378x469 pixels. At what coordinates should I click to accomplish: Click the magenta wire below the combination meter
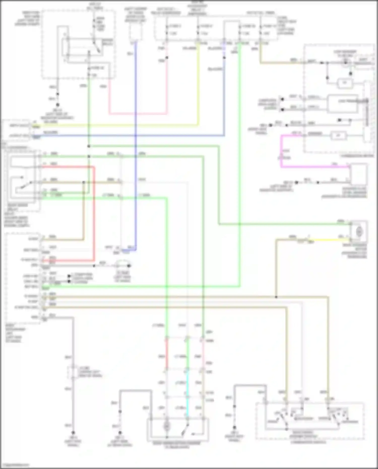tap(315, 167)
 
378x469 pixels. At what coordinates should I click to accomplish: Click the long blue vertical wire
tap(136, 151)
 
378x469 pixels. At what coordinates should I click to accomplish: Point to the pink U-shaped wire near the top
tap(137, 114)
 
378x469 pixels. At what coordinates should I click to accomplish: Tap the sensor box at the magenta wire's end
tap(359, 174)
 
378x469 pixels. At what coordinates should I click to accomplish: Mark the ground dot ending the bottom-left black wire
tap(73, 432)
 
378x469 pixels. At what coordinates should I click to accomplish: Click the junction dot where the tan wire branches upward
tap(276, 297)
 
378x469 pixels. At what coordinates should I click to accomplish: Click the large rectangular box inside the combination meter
tap(343, 103)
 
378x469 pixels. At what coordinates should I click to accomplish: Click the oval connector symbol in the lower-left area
tap(122, 265)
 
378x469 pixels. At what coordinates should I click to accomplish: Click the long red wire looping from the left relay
tap(94, 214)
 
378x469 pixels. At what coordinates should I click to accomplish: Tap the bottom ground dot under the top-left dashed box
tap(58, 105)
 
